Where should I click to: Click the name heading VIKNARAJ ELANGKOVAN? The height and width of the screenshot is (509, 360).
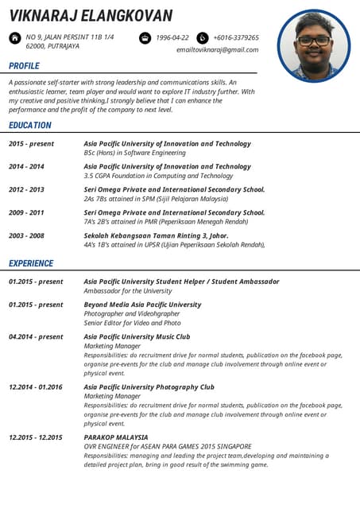pos(91,16)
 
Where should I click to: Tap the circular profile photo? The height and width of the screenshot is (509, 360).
pos(314,45)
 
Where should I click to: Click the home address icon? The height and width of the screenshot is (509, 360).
pos(15,37)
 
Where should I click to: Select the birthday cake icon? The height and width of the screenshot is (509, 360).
pos(145,37)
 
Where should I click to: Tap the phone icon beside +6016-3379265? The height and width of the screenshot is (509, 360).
pos(202,37)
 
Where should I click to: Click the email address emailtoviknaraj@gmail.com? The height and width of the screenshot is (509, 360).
pos(217,49)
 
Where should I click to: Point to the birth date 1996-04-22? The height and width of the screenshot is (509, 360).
pos(172,37)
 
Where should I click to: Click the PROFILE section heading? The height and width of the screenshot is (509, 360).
pos(24,66)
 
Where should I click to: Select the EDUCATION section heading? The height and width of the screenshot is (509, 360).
pos(30,125)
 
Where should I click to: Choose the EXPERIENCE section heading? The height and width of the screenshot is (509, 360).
pos(31,263)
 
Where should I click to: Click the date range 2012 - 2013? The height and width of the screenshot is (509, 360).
pos(26,190)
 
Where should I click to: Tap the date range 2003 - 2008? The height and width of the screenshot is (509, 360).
pos(26,236)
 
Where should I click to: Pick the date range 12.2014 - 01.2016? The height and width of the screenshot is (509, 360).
pos(35,387)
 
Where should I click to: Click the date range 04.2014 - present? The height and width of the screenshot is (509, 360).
pos(36,336)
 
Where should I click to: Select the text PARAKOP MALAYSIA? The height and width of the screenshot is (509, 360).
pos(116,437)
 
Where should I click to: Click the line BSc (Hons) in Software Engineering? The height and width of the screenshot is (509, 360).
pos(134,153)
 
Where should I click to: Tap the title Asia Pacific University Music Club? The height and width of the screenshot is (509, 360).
pos(137,336)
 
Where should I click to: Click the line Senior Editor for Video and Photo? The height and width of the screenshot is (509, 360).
pos(132,323)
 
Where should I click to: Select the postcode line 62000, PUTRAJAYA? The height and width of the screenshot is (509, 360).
pos(52,47)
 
